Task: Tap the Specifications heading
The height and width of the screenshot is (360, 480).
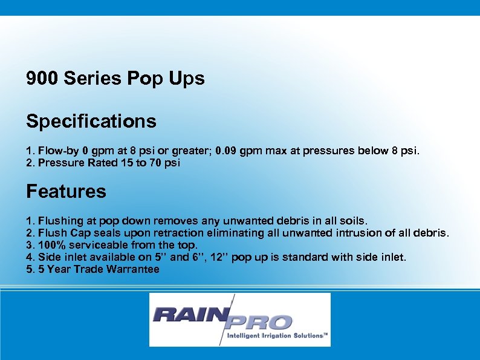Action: (91, 122)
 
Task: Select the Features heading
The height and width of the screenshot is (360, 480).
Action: (66, 192)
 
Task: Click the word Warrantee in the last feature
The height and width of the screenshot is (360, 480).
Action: (132, 269)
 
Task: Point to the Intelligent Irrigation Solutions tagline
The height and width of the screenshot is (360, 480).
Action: (277, 335)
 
